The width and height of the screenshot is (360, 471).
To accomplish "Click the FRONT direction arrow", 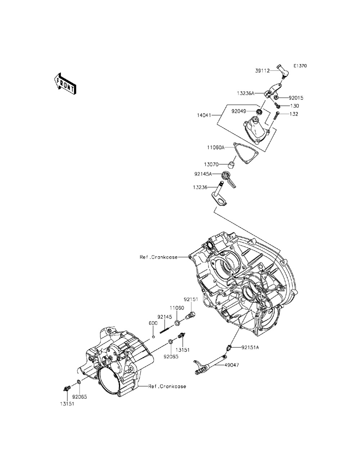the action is pos(65,83).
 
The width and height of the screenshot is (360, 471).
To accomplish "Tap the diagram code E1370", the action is pos(300,66).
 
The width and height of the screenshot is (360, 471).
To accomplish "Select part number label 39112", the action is pos(262,71).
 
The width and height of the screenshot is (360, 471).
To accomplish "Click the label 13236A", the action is pos(246,93).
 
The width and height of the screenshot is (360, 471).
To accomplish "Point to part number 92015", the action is pos(296,98).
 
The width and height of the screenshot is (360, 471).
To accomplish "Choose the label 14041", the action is pos(204,115).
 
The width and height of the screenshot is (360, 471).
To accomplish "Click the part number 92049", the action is pos(238,111).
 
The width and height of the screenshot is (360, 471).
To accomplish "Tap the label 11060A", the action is pos(216,148).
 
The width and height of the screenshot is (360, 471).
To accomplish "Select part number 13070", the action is pos(211,164).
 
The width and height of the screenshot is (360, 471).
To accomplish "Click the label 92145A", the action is pos(203,174).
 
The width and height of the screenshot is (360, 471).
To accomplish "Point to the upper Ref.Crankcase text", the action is pos(159,257).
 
